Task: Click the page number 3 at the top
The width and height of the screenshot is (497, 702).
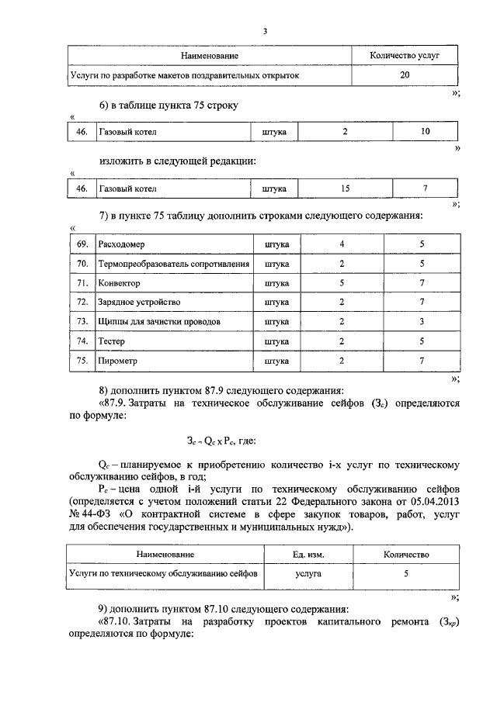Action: click(265, 31)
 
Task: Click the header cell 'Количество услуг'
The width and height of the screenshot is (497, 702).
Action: click(405, 56)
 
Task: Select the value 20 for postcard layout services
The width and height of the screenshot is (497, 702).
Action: click(405, 76)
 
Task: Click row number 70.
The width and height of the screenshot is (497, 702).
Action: click(82, 264)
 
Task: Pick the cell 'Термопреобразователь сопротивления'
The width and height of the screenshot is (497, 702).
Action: click(173, 264)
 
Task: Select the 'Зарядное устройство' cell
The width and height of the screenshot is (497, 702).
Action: click(139, 303)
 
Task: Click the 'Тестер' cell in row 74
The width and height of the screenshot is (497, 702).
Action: click(112, 341)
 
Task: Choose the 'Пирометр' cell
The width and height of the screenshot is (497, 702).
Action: click(117, 360)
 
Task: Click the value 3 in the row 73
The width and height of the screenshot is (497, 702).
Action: click(422, 321)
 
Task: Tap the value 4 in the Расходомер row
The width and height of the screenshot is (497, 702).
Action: click(342, 244)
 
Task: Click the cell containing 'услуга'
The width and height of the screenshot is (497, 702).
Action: click(308, 575)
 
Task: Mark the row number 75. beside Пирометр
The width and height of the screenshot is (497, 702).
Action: click(82, 360)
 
